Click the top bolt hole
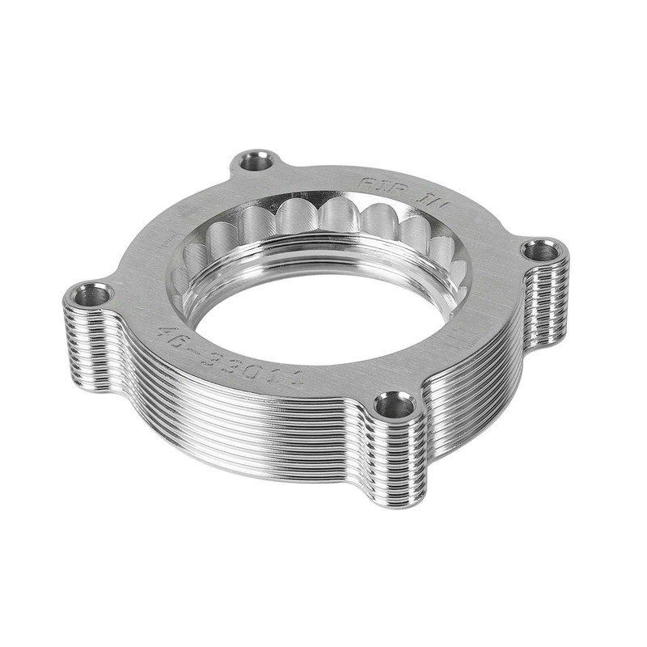pyautogui.click(x=257, y=160)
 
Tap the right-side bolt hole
pyautogui.click(x=540, y=252)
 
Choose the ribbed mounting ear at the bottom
pyautogui.click(x=396, y=461)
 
